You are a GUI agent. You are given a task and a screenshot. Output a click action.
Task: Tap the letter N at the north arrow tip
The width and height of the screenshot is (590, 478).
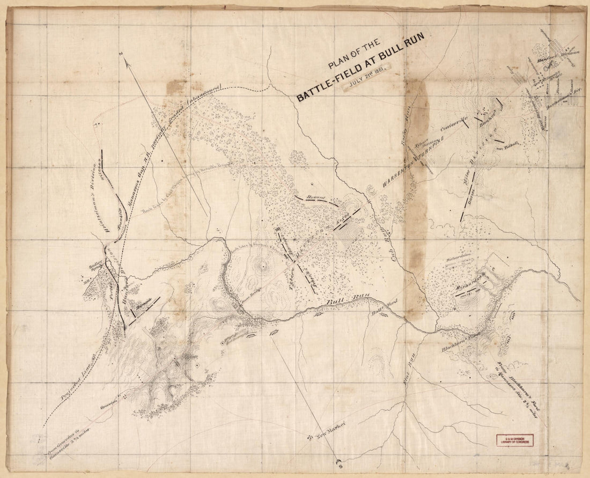pyautogui.click(x=122, y=54)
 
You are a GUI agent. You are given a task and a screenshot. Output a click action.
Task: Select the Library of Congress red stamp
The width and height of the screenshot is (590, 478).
pyautogui.click(x=518, y=438)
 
